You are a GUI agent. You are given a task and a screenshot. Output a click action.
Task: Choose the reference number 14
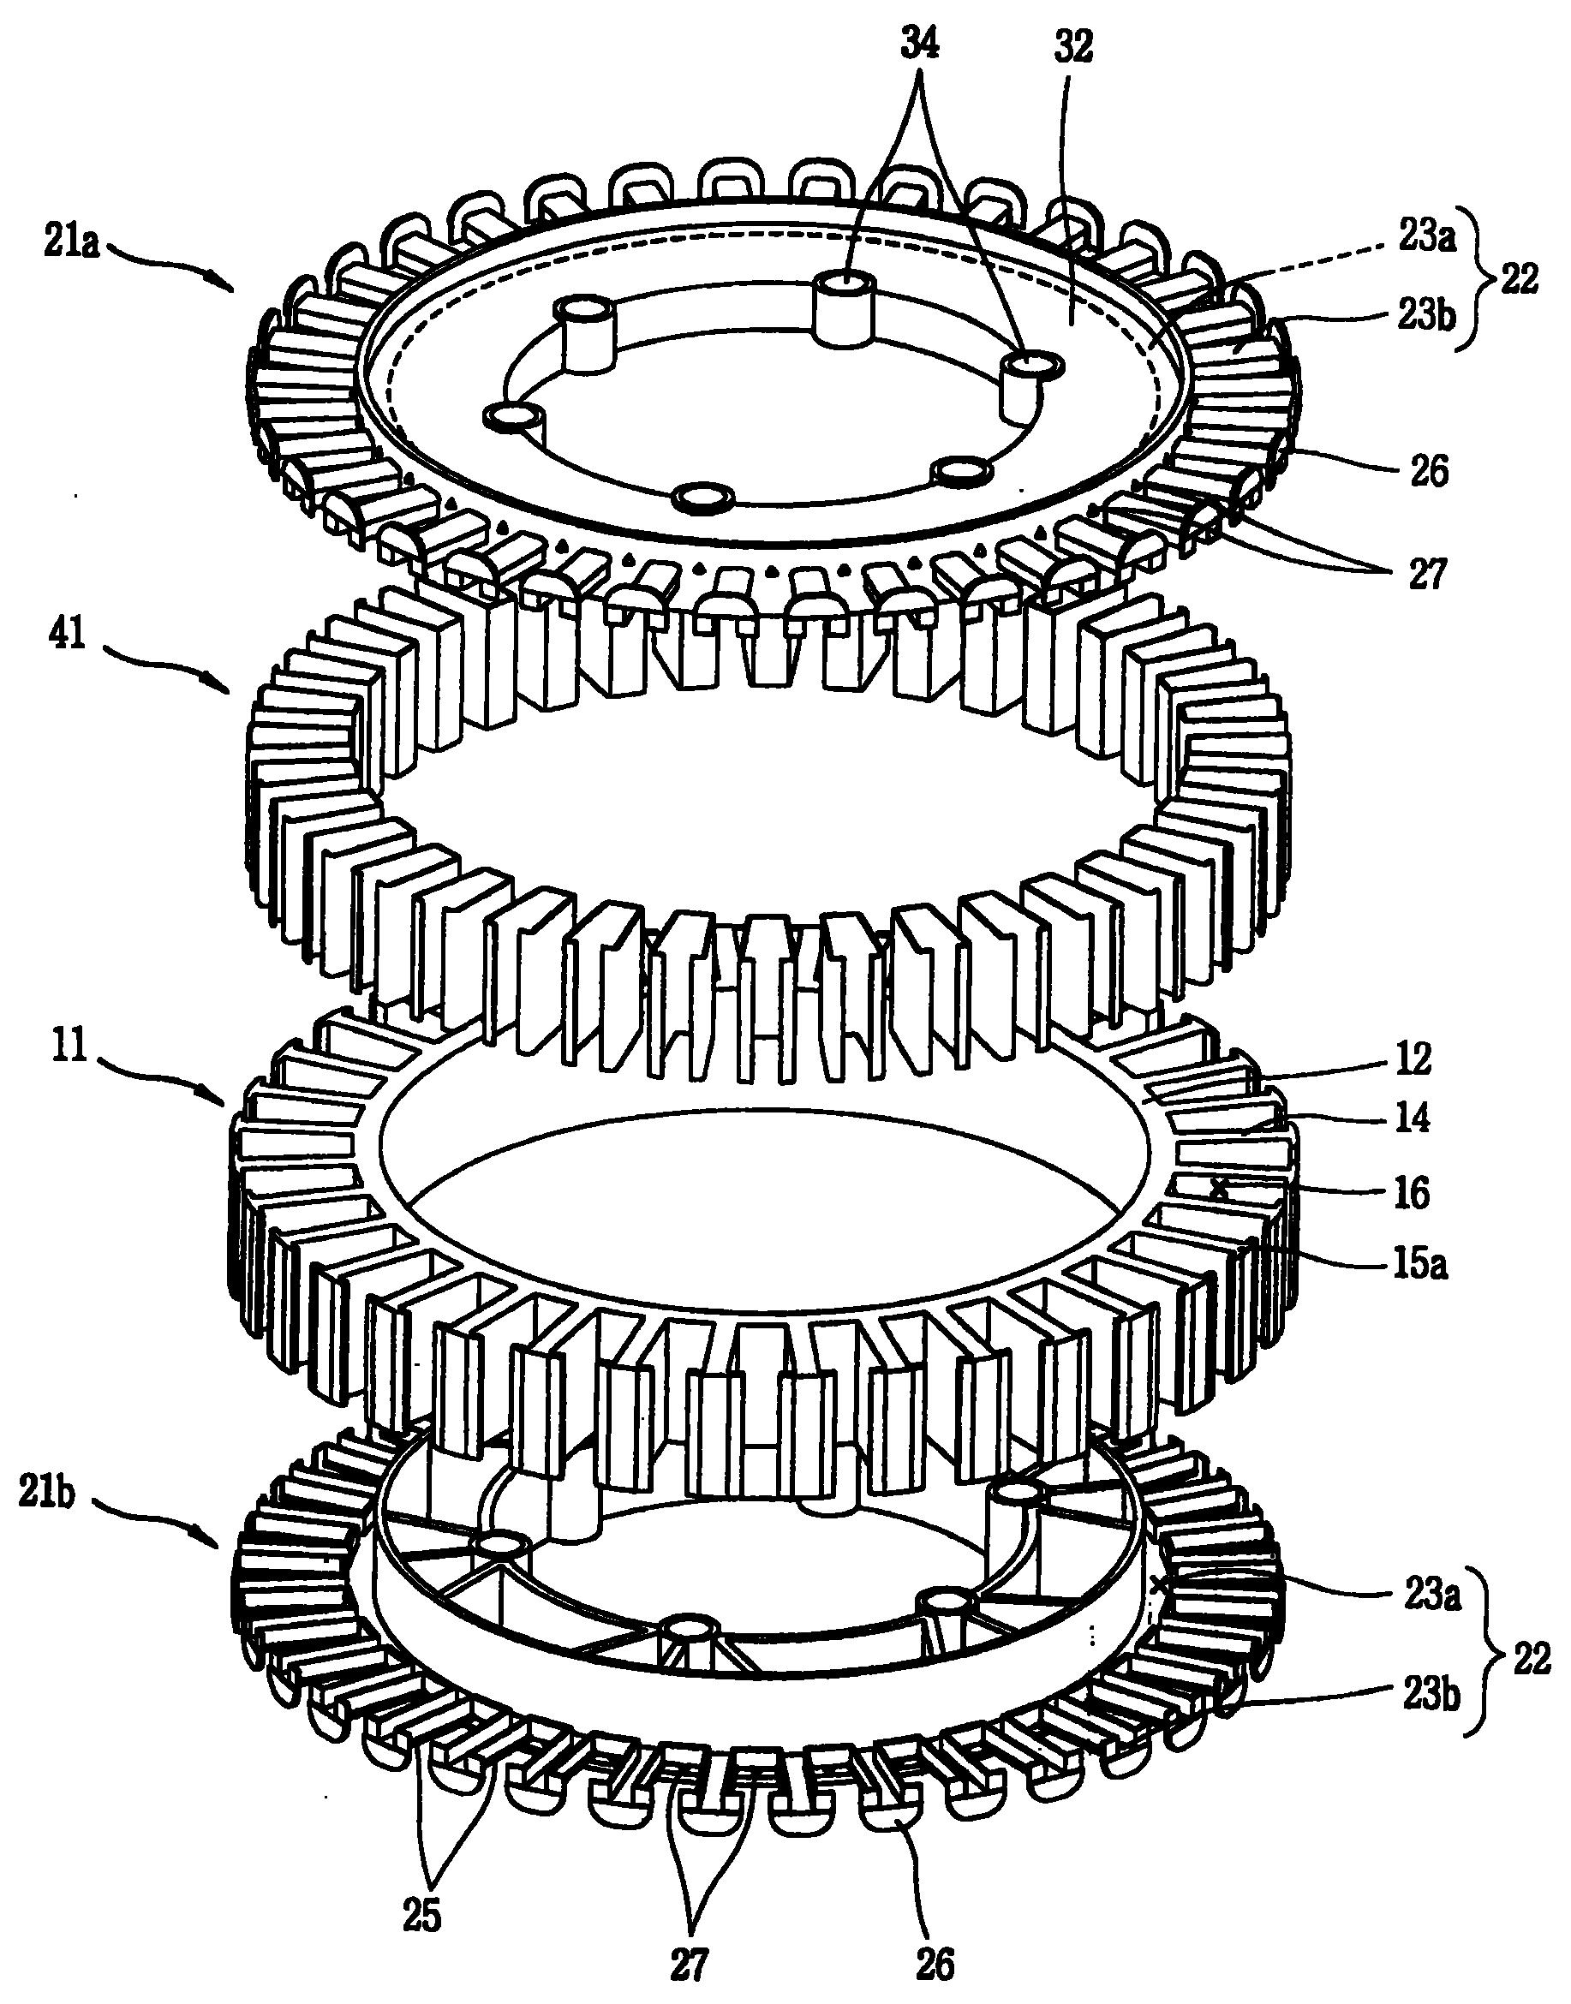(x=1411, y=1118)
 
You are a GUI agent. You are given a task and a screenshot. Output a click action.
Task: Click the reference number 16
(x=1412, y=1194)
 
